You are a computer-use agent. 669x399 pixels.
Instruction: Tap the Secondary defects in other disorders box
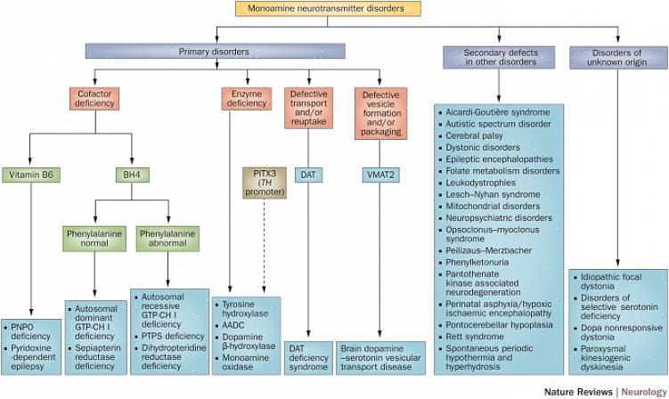click(x=500, y=57)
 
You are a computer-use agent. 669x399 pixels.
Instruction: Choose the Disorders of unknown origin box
click(x=612, y=57)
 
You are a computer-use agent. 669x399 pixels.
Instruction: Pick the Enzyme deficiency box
click(x=247, y=98)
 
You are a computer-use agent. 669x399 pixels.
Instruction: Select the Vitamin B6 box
click(x=30, y=175)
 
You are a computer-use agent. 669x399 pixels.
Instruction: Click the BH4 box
click(x=134, y=175)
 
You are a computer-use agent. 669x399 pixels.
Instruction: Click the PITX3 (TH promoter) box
click(x=264, y=182)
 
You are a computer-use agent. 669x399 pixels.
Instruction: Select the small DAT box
click(x=307, y=175)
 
